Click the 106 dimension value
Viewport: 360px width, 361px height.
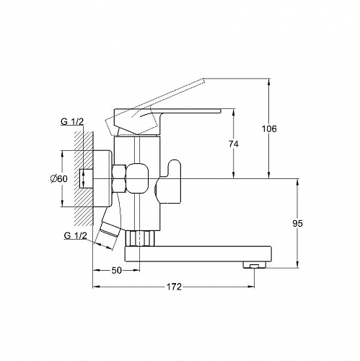pos(269,129)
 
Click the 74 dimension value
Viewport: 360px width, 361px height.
pos(234,144)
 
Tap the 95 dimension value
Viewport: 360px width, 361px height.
pos(297,224)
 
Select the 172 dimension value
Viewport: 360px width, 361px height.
pos(174,287)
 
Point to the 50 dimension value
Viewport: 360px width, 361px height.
pos(117,271)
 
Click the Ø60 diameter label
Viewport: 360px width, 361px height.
pos(59,178)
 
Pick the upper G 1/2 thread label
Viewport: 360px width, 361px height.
pos(72,122)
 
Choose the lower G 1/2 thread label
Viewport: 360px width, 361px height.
pos(75,235)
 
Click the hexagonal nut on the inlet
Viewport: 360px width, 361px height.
pos(120,178)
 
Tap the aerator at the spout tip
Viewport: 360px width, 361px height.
pos(255,265)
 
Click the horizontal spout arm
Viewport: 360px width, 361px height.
pos(198,253)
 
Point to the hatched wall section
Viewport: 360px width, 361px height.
pos(84,178)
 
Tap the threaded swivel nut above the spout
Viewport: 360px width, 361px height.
pos(139,238)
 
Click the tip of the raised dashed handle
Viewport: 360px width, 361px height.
pos(204,80)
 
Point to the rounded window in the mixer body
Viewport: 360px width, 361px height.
pos(138,178)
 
